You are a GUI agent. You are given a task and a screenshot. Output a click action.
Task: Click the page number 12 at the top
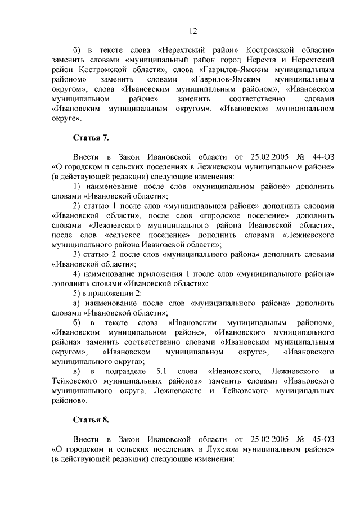(x=193, y=31)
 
